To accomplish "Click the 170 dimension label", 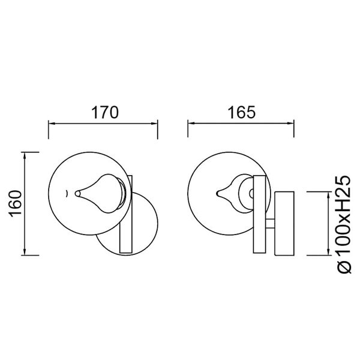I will point(103,112).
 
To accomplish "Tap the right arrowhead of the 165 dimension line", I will point(292,124).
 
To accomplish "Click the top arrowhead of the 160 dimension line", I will point(25,155).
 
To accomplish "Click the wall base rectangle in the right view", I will point(284,223).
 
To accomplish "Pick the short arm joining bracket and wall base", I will point(271,224).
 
